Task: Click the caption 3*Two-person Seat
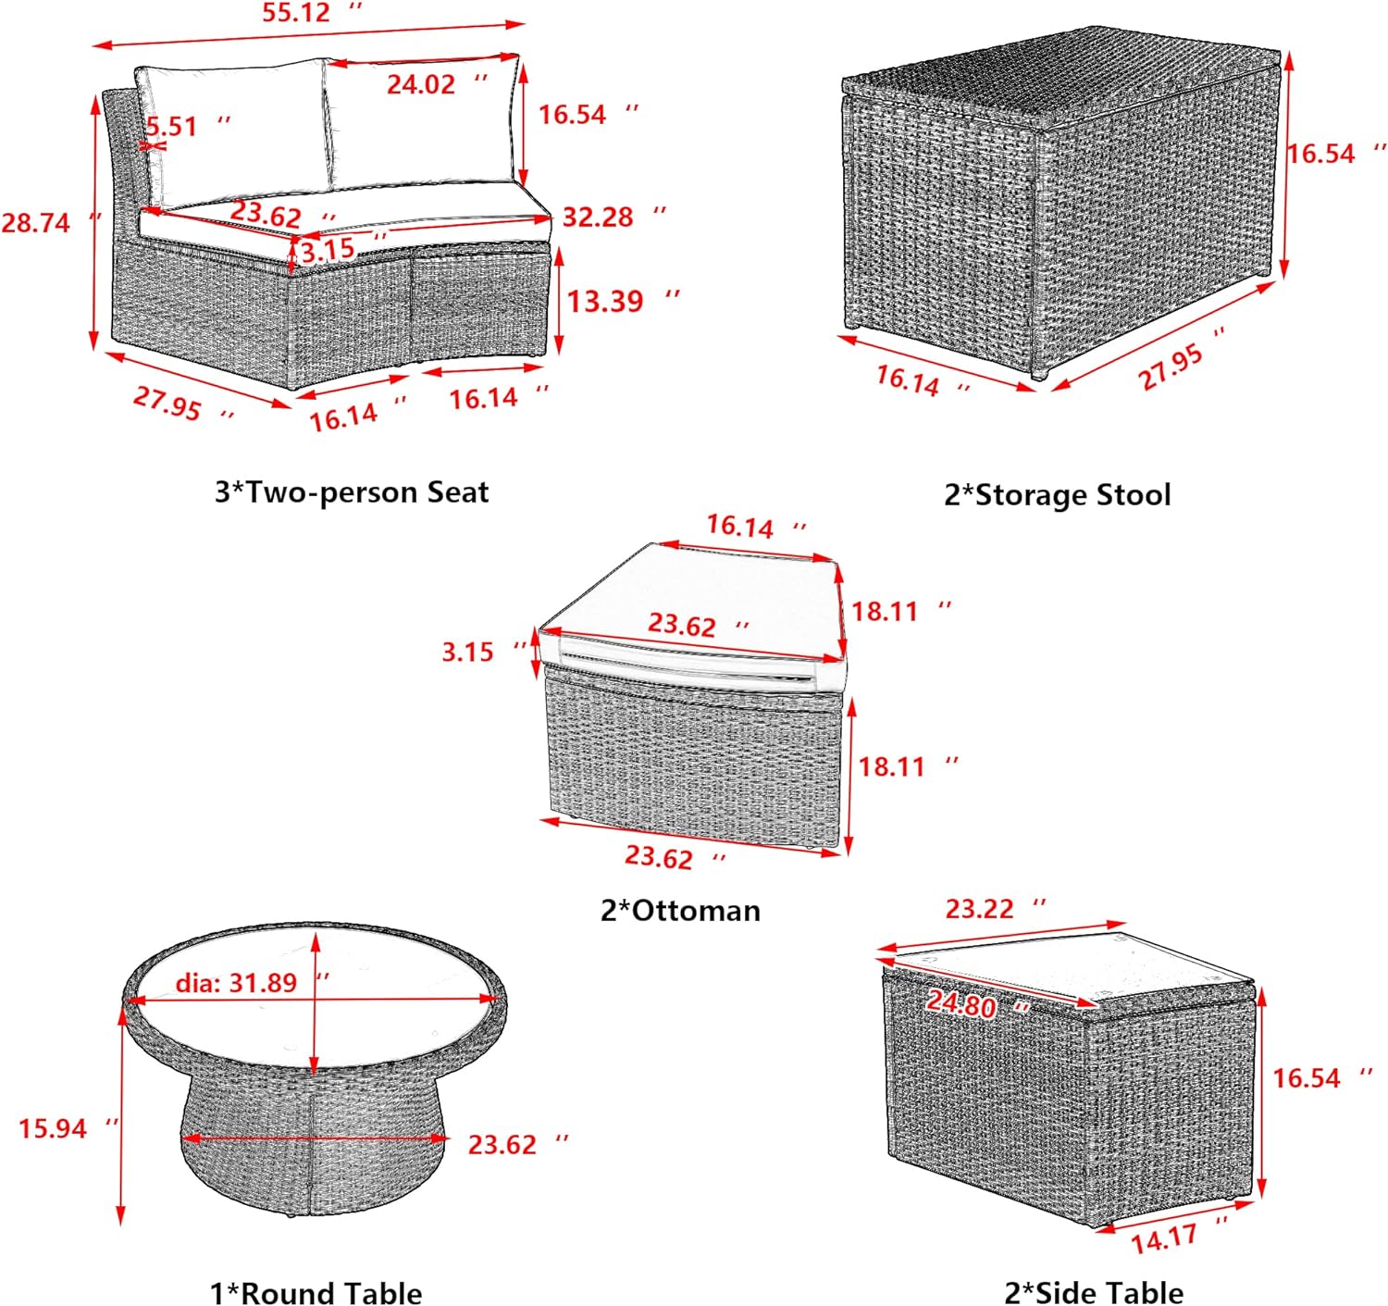click(x=352, y=492)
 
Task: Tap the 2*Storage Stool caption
click(x=1058, y=495)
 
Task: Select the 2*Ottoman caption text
click(x=681, y=910)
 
